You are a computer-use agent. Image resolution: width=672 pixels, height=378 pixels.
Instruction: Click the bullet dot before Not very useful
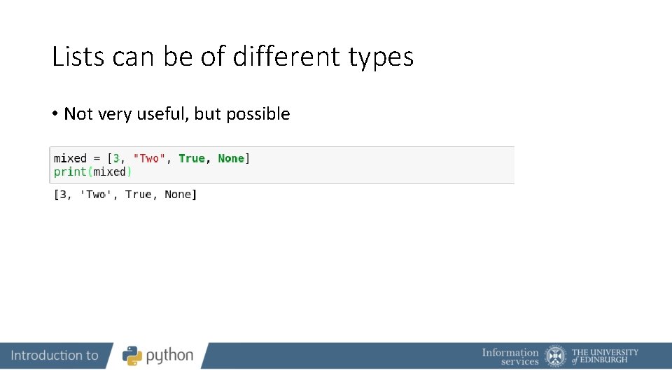[x=54, y=113]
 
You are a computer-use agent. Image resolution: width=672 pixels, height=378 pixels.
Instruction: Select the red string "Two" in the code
[x=149, y=159]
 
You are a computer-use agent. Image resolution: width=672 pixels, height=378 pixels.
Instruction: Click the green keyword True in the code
[x=192, y=159]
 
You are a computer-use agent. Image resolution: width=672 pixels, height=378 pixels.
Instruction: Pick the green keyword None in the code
[x=231, y=159]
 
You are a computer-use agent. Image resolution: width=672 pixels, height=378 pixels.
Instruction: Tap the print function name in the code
[x=70, y=171]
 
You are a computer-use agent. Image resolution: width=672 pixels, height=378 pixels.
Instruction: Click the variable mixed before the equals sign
[x=70, y=159]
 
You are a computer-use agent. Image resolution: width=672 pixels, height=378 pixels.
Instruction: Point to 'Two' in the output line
[x=96, y=195]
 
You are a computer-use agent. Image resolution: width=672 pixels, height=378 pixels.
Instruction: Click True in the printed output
[x=139, y=195]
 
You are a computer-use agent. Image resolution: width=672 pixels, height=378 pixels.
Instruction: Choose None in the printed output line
[x=178, y=195]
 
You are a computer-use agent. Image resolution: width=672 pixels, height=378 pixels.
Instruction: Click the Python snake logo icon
[x=132, y=356]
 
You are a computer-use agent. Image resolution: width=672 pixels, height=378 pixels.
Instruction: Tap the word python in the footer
[x=169, y=356]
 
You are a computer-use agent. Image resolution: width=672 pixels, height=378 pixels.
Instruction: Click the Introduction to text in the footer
[x=55, y=356]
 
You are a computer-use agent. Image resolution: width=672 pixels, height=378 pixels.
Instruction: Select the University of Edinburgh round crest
[x=556, y=356]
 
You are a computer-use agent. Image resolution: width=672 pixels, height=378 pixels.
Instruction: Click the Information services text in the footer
[x=510, y=356]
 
